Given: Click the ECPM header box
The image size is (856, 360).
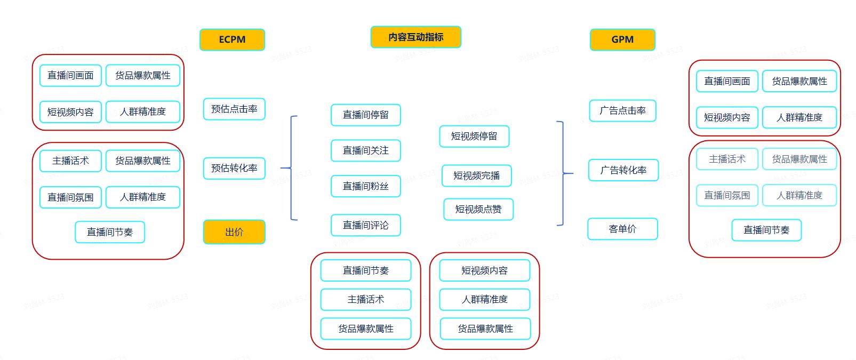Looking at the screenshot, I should (232, 39).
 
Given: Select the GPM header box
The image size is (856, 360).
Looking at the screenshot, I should (622, 39).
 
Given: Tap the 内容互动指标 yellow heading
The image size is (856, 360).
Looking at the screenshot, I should (415, 37).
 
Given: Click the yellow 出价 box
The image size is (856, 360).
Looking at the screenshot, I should (234, 232).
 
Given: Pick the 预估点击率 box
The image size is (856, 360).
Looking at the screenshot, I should (234, 109).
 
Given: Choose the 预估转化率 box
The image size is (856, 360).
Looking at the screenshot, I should (234, 168).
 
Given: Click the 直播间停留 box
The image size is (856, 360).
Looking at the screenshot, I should (365, 115).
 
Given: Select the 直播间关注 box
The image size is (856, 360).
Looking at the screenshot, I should (365, 150).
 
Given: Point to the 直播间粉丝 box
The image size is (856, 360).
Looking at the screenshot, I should (365, 186).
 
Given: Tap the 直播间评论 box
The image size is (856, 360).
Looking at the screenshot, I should (365, 225).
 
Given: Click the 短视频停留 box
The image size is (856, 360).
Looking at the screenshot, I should (474, 136).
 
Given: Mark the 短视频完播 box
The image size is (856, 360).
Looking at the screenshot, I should (476, 175).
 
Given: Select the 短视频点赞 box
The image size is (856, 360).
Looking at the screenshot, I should (478, 209).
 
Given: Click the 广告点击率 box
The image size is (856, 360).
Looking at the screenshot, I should (622, 110).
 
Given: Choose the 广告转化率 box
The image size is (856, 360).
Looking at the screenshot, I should (623, 170).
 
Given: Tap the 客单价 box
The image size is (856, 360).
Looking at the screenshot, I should (622, 229).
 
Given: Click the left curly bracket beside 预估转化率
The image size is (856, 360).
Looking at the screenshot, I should (291, 168).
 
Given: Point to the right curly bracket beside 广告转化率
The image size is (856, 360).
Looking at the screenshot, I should (563, 173).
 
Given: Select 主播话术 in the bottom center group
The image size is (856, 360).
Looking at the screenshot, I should (365, 299).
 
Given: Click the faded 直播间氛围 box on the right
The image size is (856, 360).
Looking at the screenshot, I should (727, 195).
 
